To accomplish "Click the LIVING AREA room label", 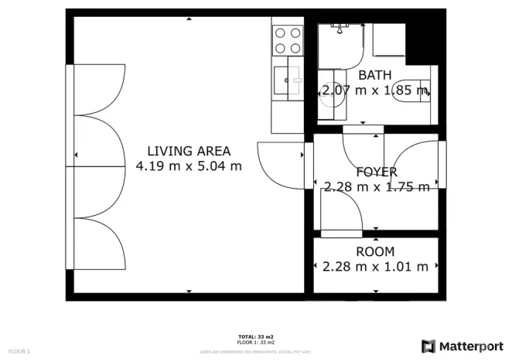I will [189, 151].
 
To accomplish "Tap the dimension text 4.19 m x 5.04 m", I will [189, 166].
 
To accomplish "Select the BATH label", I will [374, 76].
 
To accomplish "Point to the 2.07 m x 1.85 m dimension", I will [374, 91].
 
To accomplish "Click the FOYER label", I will [376, 172].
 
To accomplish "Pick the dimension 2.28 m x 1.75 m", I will [376, 186].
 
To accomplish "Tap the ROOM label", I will [375, 251].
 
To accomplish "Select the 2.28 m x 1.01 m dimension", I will [375, 267].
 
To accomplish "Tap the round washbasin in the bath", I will [332, 93].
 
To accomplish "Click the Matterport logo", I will [428, 346].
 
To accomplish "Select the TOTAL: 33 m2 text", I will [255, 336].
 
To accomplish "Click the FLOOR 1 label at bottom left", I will [19, 352].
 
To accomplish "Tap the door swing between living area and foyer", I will [279, 164].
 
